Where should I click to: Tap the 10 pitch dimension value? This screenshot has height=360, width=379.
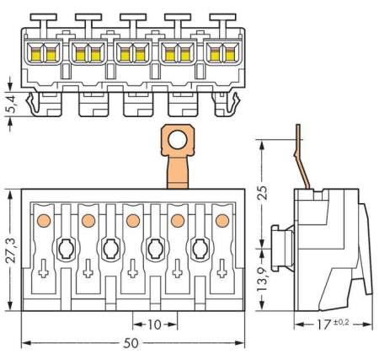tap(155, 325)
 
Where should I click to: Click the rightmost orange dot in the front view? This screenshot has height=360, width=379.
tap(222, 221)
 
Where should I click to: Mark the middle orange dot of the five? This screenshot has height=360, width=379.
tap(132, 221)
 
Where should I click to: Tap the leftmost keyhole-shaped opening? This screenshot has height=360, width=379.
tap(65, 249)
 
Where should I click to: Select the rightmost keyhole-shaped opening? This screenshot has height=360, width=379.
tap(200, 249)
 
